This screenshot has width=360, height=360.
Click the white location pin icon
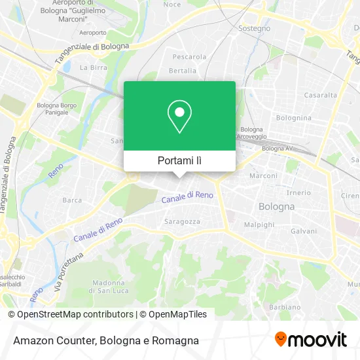pyautogui.click(x=179, y=117)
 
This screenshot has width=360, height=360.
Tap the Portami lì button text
pyautogui.click(x=179, y=160)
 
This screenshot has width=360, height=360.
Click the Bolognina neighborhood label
pyautogui.click(x=293, y=118)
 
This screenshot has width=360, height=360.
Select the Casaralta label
pyautogui.click(x=320, y=95)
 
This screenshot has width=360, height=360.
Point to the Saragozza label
pyautogui.click(x=182, y=221)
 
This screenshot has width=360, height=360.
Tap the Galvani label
pyautogui.click(x=304, y=231)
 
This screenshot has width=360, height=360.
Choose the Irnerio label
pyautogui.click(x=298, y=192)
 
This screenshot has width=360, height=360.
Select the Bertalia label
pyautogui.click(x=183, y=70)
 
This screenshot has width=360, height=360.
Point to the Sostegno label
pyautogui.click(x=253, y=28)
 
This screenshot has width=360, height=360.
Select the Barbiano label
pyautogui.click(x=284, y=307)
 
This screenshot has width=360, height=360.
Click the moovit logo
pyautogui.click(x=311, y=340)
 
